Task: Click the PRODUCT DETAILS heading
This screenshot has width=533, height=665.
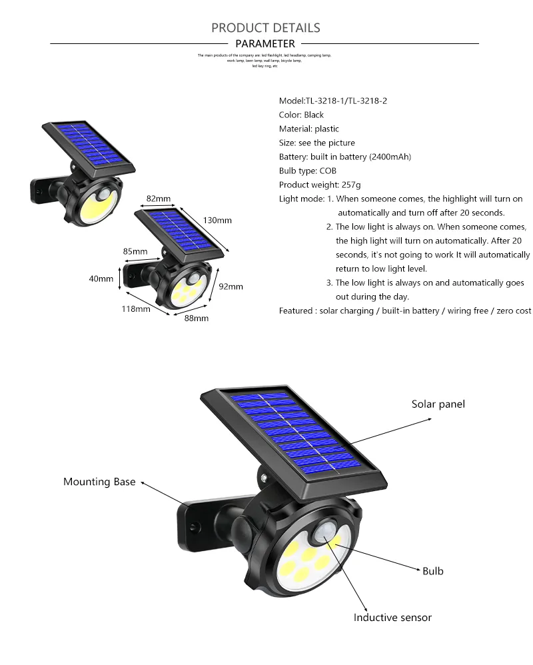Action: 266,27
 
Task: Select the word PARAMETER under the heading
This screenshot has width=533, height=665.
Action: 265,44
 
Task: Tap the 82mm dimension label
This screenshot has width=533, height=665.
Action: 159,199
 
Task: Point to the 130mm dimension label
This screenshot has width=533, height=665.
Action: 217,220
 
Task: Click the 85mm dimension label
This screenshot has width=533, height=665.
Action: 135,251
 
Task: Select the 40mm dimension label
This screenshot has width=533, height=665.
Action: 101,279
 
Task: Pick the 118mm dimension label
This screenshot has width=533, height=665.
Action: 135,309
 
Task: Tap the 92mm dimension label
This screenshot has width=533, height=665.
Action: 231,287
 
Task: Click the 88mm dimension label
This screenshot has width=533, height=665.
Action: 196,319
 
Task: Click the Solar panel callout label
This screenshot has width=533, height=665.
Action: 438,404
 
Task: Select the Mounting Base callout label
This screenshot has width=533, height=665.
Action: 99,482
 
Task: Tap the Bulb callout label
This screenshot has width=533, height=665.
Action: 432,571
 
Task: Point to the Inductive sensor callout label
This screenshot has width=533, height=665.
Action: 392,618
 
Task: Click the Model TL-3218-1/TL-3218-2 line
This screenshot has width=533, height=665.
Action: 332,101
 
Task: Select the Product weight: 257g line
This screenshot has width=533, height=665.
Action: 320,185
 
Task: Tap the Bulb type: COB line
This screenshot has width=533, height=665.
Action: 308,171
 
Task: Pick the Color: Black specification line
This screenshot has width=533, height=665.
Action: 301,115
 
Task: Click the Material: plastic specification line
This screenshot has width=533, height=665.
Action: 308,129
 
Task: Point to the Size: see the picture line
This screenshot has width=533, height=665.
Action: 316,143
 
